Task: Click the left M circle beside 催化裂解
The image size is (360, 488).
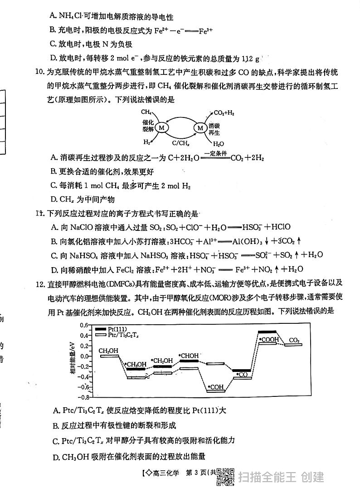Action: [163, 128]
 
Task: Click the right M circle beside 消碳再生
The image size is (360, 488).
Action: [200, 128]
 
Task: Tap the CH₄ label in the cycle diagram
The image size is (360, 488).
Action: [146, 112]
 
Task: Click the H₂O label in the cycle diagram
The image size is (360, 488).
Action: [219, 144]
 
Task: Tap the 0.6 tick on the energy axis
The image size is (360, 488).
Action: [83, 325]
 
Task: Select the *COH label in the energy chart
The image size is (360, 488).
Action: [216, 387]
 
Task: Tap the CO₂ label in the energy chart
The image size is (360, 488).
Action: [294, 340]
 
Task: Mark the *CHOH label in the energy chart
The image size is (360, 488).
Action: [189, 356]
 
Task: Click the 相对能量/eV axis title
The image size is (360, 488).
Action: [73, 361]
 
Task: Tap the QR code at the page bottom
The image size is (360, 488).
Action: [226, 476]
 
